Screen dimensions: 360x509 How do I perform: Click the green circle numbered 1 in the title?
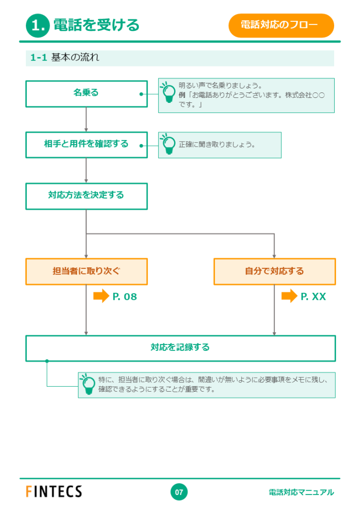[38, 25]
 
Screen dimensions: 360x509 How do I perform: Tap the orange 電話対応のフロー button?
[281, 25]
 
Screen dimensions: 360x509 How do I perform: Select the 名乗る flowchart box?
[87, 94]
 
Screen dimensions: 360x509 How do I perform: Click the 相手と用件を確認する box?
[87, 145]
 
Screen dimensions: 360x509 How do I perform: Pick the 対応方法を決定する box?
[87, 196]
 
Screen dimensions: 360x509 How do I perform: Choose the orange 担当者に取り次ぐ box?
[87, 271]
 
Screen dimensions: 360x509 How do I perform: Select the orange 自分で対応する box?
[274, 271]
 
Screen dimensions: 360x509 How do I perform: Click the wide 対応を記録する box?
[180, 348]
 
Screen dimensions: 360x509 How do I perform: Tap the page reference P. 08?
[125, 296]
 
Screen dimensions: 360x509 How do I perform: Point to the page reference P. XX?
[313, 296]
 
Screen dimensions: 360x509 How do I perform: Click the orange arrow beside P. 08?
[101, 296]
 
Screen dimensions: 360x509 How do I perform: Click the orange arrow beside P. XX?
[289, 296]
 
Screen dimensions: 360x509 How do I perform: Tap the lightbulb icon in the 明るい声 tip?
[168, 92]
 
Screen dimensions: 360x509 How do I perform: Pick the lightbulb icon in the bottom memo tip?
[88, 384]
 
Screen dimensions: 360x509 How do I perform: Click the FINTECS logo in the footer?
[54, 492]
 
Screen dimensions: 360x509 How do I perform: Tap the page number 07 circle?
[179, 492]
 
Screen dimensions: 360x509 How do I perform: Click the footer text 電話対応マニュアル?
[301, 492]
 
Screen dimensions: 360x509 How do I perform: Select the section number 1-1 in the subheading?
[39, 58]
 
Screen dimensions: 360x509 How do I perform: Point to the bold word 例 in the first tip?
[182, 95]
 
